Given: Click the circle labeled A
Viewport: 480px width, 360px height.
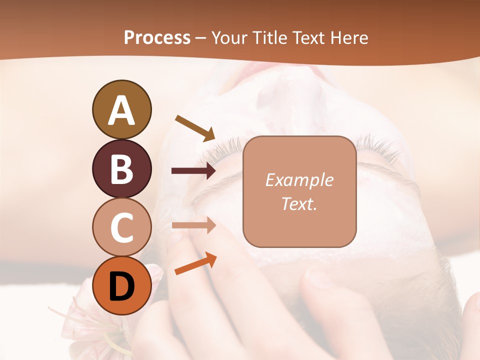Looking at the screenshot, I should tap(121, 110).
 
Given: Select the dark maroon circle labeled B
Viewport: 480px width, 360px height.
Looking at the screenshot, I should tap(121, 168).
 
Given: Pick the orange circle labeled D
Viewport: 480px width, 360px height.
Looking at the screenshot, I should tap(121, 285).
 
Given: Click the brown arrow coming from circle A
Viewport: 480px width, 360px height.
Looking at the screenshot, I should tap(195, 127).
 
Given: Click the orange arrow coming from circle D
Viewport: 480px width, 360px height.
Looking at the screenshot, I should tap(195, 264).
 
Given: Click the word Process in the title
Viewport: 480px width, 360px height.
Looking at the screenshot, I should tap(157, 37).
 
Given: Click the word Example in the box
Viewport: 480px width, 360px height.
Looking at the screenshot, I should tap(299, 180).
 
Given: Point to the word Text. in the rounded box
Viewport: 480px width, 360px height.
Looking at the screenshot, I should tap(299, 203).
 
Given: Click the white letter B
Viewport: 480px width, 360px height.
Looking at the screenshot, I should tap(121, 169).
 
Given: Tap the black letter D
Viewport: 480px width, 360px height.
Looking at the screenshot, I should tap(121, 286).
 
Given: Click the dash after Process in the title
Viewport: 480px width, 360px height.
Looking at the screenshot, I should tap(201, 38).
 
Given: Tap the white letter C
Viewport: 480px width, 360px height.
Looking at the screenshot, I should tap(121, 227).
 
